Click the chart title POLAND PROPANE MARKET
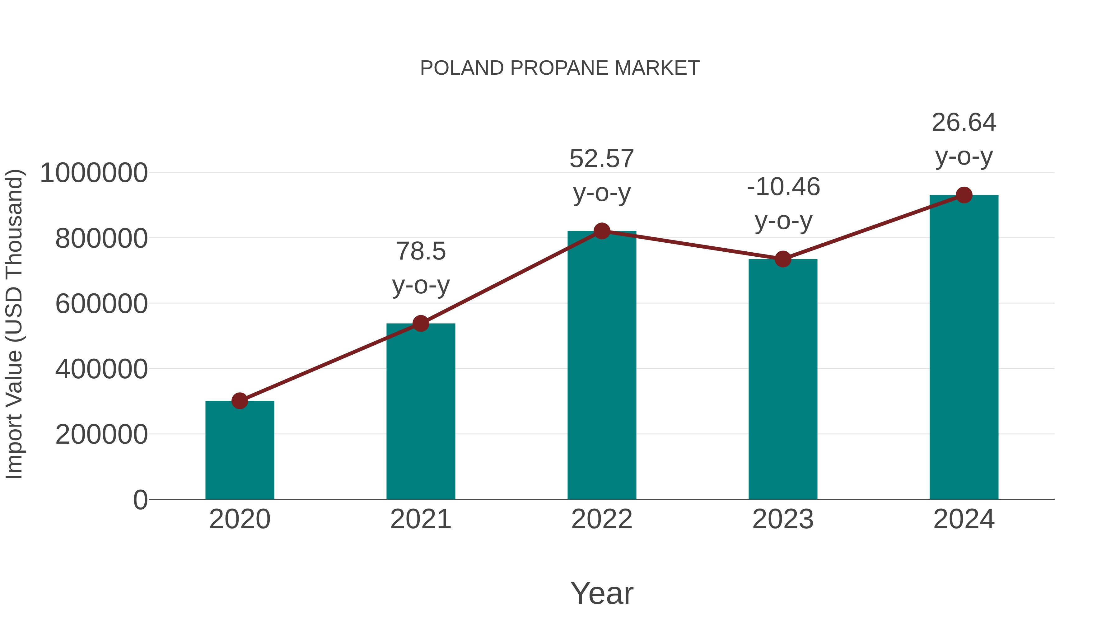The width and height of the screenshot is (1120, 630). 560,68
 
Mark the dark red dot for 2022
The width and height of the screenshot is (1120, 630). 602,231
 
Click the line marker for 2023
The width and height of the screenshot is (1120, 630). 783,259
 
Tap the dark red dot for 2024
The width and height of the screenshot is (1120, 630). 964,195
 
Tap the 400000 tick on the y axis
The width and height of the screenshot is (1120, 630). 101,369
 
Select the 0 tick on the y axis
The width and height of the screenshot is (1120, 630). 140,500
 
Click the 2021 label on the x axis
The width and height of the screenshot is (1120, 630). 420,519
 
